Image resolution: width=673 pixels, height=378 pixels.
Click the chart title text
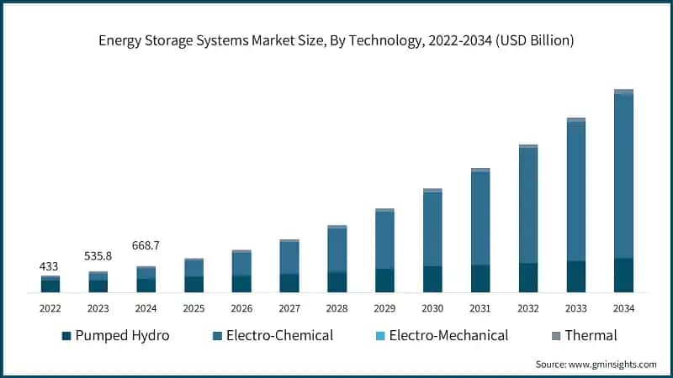pyautogui.click(x=336, y=39)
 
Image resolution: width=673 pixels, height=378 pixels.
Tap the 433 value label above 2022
pyautogui.click(x=50, y=266)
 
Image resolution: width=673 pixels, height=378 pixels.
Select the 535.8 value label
pyautogui.click(x=98, y=255)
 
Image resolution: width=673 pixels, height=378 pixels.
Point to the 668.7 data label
pyautogui.click(x=146, y=245)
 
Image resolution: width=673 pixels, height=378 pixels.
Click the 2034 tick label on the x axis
pyautogui.click(x=623, y=308)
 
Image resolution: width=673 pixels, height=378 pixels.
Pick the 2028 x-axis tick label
pyautogui.click(x=336, y=308)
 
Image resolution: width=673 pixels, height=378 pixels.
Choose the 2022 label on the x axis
pyautogui.click(x=50, y=308)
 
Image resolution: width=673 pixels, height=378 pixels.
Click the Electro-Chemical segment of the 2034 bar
pyautogui.click(x=623, y=176)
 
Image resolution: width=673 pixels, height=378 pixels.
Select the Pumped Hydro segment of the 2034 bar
pyautogui.click(x=623, y=275)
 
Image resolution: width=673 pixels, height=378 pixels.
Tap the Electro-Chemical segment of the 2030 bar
pyautogui.click(x=432, y=229)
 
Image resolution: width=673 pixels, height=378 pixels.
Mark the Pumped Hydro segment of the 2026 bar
pyautogui.click(x=241, y=284)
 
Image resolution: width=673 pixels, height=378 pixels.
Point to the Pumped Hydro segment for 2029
pyautogui.click(x=384, y=281)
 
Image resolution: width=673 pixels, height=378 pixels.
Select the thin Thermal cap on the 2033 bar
pyautogui.click(x=576, y=120)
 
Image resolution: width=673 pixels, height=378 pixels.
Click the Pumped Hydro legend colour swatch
pyautogui.click(x=66, y=336)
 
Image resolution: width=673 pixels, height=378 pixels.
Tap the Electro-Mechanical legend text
pyautogui.click(x=448, y=335)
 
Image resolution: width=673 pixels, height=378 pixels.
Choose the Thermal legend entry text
pyautogui.click(x=591, y=335)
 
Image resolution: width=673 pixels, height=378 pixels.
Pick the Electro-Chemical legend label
pyautogui.click(x=279, y=335)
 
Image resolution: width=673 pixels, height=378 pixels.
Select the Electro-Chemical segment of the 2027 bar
pyautogui.click(x=289, y=258)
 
